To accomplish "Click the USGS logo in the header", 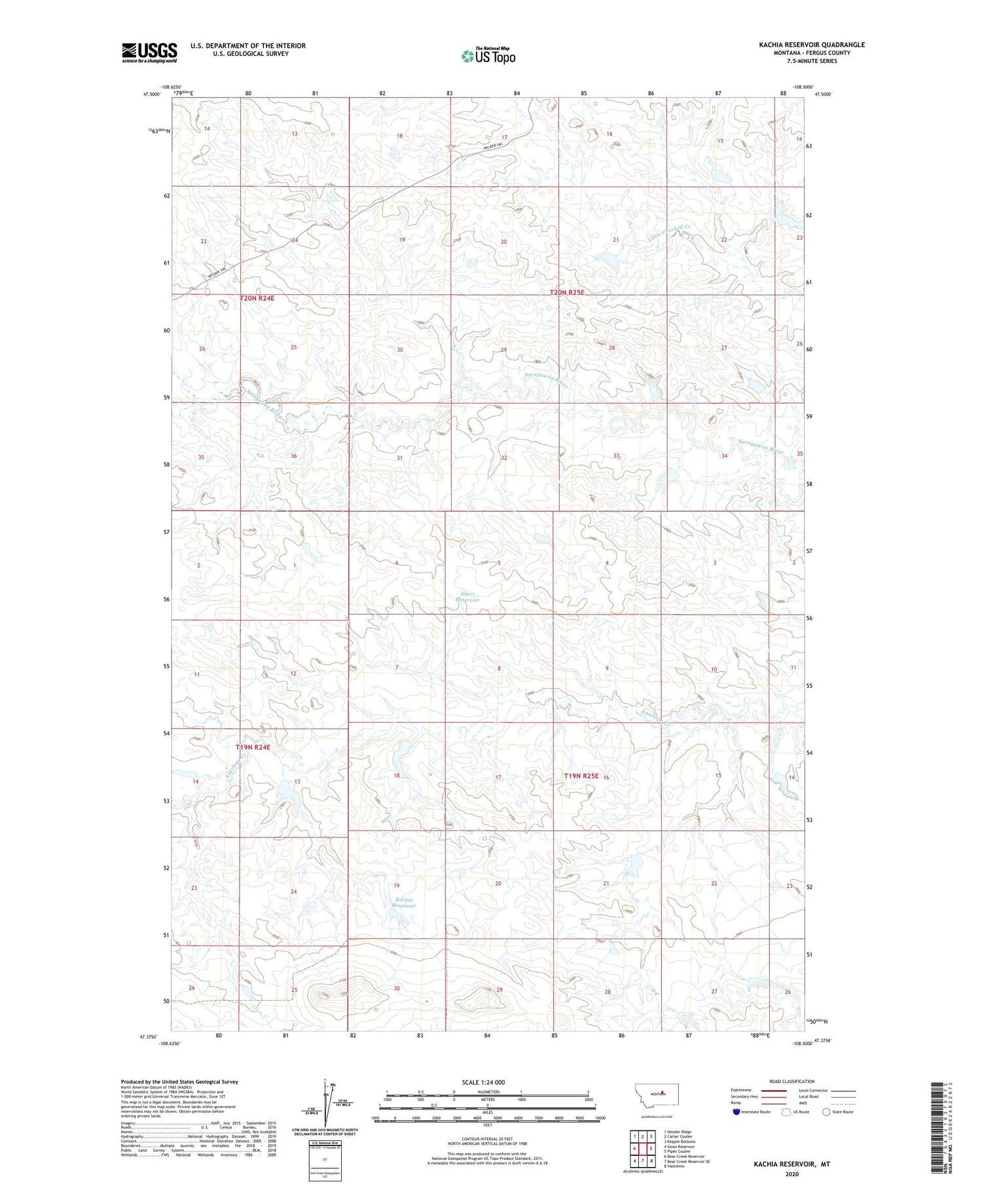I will point(149,52).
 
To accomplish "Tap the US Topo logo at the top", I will point(488,56).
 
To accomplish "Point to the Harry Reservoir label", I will point(468,597).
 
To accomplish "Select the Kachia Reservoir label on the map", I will point(404,902).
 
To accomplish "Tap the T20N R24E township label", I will point(257,298).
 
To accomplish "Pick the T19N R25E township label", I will point(581,776).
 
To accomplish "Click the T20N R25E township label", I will point(567,292).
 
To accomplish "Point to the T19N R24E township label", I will point(253,746).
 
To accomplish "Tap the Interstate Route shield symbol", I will point(736,1112).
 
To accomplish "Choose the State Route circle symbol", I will point(826,1112).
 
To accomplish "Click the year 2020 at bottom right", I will point(791,1174).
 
